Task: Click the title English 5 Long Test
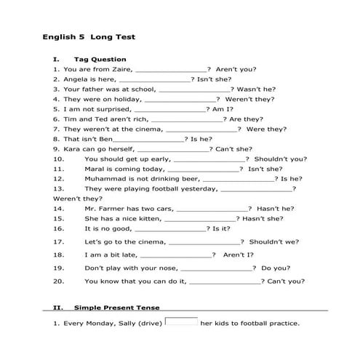tap(89, 36)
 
